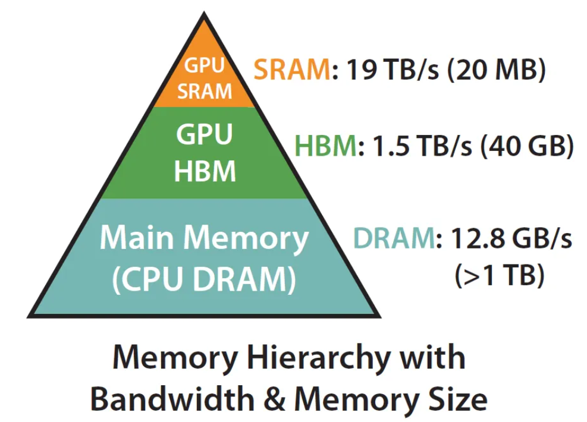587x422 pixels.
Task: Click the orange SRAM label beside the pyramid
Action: pos(291,70)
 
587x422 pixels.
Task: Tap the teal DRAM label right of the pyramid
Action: pos(393,239)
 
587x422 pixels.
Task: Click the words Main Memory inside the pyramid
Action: pos(204,238)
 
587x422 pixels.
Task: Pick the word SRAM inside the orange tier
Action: pos(205,91)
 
